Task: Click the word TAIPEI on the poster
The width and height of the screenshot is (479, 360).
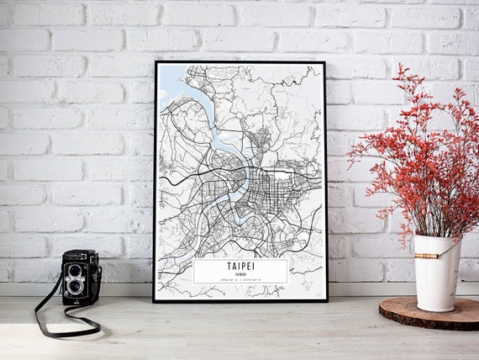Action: pos(240,265)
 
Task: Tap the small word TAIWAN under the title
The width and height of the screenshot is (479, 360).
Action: pos(240,273)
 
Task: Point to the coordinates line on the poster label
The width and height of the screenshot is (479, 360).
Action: pos(240,278)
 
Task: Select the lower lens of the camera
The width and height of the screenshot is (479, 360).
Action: pos(76,286)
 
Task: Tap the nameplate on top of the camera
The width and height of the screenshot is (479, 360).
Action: pos(76,256)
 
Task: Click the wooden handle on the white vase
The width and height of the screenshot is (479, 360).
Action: pos(425,255)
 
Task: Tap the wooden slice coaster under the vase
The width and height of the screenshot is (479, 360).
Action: pos(429,315)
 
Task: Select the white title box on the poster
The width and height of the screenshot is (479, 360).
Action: pos(240,271)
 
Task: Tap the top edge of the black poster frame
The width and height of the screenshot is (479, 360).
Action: pos(240,61)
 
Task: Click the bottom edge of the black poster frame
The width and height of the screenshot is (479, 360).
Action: pos(240,300)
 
